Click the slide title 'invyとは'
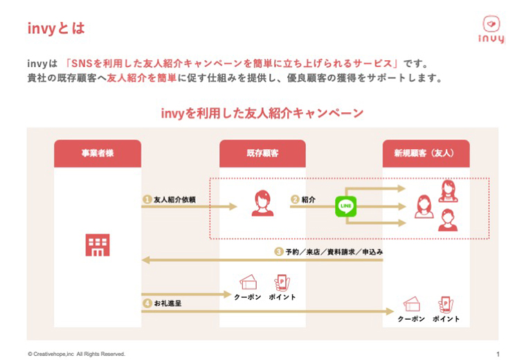coord(56,28)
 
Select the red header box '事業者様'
coord(98,153)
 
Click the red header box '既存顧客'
coord(262,153)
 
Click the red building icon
coord(98,244)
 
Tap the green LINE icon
coord(345,206)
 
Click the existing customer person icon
coord(262,204)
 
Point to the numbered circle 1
coord(147,199)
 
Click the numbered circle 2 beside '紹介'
coord(295,199)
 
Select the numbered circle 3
coord(278,252)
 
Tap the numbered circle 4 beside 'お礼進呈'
coord(147,303)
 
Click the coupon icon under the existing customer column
coord(248,282)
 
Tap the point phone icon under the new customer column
coord(445,305)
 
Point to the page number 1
coord(498,354)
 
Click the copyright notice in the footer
coord(77,354)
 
